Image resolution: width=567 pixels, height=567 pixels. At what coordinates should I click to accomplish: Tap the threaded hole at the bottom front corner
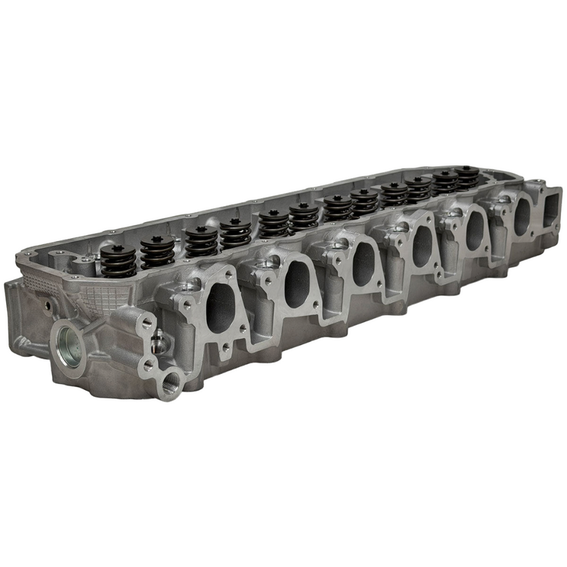click(x=170, y=386)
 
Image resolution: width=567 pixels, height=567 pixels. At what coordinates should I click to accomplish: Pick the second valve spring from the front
click(x=157, y=251)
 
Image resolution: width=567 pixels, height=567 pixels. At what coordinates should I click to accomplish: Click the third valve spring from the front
click(x=201, y=240)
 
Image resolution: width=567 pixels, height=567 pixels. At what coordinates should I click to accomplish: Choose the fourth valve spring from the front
click(x=235, y=233)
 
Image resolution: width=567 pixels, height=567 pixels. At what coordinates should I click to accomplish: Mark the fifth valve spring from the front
click(x=274, y=223)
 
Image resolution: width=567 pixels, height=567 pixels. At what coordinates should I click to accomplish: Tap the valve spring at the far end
click(x=467, y=177)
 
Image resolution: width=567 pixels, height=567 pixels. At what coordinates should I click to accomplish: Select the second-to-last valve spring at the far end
click(x=444, y=181)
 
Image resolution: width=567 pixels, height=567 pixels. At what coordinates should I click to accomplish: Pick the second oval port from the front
click(x=297, y=283)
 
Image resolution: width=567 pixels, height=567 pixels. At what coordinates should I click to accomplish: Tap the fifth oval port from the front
click(x=475, y=229)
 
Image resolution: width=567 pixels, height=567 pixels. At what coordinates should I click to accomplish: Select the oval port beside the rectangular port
click(x=522, y=214)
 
